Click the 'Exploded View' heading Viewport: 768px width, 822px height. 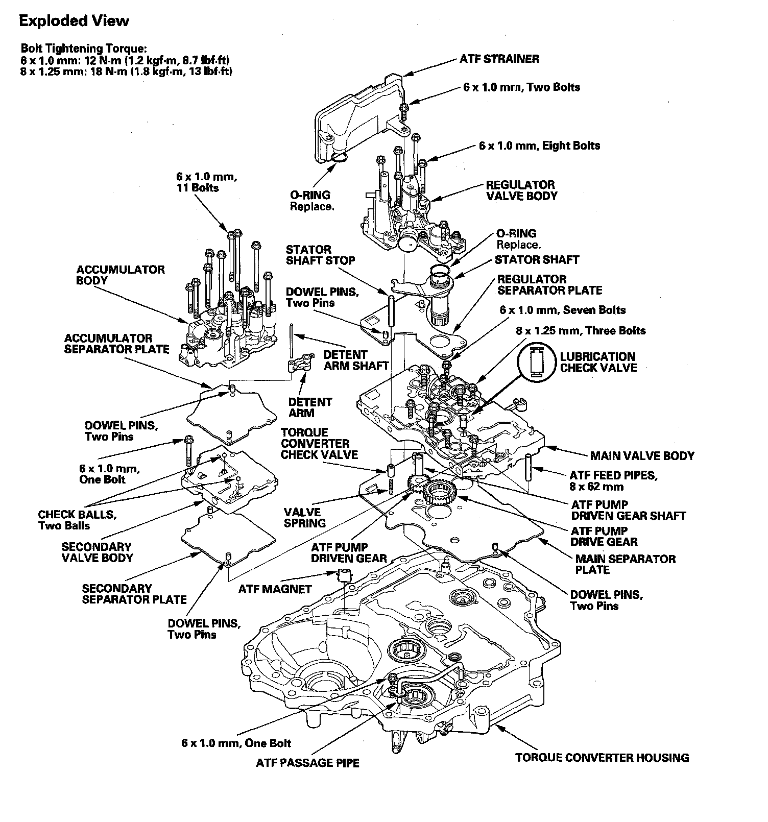[x=74, y=21]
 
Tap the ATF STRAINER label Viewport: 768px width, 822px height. [x=499, y=59]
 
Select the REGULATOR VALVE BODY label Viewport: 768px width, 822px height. [x=521, y=190]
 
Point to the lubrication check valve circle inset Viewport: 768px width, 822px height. [x=536, y=361]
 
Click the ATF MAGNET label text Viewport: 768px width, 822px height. [x=275, y=589]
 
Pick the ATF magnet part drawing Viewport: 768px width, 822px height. [x=343, y=576]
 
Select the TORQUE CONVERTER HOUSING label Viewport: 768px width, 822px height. [x=602, y=758]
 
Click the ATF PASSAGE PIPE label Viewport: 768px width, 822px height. [x=307, y=763]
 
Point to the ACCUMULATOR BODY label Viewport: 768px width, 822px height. [x=121, y=275]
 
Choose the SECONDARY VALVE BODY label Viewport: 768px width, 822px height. [x=97, y=552]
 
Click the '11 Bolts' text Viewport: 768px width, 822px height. [x=199, y=188]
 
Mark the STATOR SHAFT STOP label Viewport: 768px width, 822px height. [x=320, y=255]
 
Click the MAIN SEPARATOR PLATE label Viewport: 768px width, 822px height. [x=625, y=564]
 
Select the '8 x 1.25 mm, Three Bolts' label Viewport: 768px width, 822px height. [x=581, y=330]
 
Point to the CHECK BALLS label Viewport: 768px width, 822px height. [x=77, y=520]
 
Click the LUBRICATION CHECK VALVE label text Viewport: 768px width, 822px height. [x=598, y=362]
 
